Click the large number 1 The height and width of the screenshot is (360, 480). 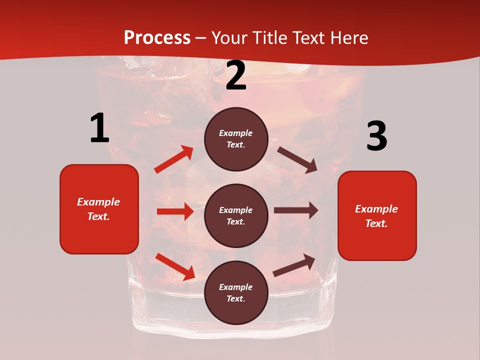99,128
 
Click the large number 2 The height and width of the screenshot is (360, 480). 236,76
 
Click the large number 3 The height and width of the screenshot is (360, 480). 376,137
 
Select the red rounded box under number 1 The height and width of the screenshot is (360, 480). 99,209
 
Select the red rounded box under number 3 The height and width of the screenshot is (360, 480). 377,215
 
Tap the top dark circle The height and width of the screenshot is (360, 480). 236,139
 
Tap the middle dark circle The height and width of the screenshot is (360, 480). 236,215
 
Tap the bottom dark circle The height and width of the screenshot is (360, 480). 236,292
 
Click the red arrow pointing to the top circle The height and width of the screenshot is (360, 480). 174,159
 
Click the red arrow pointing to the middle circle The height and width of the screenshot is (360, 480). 175,211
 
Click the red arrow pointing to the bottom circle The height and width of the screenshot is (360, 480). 175,266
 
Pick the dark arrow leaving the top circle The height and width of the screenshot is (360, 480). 297,159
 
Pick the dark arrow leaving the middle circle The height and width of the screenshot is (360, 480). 296,210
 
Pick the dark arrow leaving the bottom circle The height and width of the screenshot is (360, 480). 294,265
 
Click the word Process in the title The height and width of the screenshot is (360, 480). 157,38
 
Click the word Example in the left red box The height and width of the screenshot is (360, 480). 98,202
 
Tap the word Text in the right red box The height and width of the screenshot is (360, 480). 375,223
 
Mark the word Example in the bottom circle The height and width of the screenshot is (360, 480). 236,287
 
